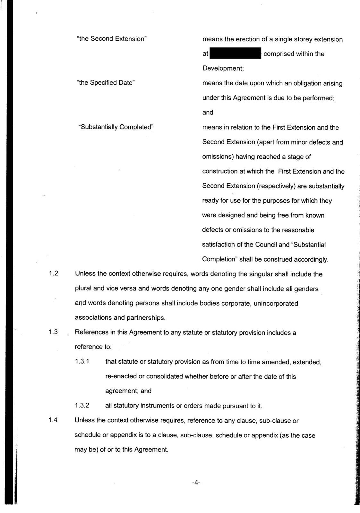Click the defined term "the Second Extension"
[x=112, y=39]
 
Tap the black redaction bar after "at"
[x=235, y=54]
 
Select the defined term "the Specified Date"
[x=106, y=83]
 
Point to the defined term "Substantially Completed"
[x=116, y=127]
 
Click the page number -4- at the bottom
[x=196, y=483]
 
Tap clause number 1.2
[x=53, y=274]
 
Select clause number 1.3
[x=53, y=332]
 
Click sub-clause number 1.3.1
[x=82, y=362]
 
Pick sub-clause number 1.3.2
[x=82, y=406]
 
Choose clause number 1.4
[x=53, y=420]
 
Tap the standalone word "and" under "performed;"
[x=208, y=113]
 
